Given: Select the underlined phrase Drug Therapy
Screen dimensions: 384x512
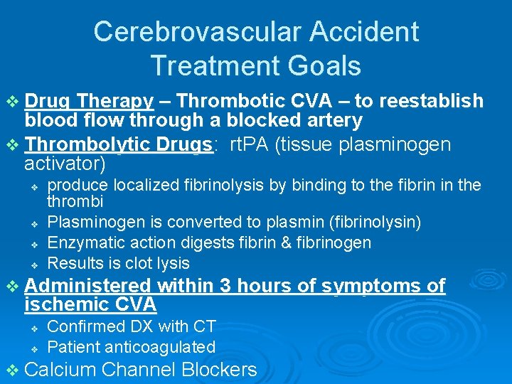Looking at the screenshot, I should point(89,102).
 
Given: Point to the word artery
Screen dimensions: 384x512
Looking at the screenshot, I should point(331,120).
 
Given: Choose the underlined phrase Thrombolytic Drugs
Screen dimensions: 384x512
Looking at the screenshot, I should point(119,145).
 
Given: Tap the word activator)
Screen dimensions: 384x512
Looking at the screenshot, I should point(65,164).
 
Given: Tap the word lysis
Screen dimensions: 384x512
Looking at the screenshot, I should point(171,262).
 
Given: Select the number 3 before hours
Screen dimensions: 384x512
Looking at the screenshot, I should point(225,286).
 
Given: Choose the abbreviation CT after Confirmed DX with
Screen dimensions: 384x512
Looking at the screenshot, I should point(204,326).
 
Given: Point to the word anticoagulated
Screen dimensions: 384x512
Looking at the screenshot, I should point(161,347).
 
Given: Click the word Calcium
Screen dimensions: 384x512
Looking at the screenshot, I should point(60,370).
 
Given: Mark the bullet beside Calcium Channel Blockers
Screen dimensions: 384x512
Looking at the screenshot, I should point(12,370).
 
